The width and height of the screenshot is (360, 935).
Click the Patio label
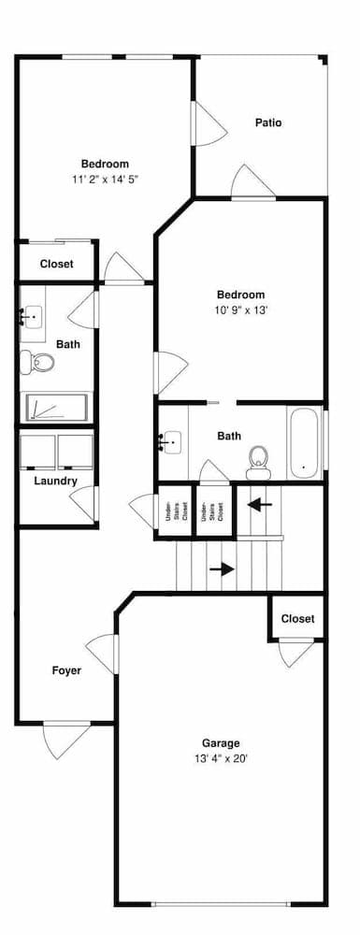click(x=268, y=122)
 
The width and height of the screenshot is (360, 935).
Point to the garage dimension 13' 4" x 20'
click(x=222, y=759)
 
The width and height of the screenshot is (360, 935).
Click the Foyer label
click(x=66, y=670)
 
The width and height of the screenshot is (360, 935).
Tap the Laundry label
click(x=55, y=482)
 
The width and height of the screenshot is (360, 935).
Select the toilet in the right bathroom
click(x=259, y=458)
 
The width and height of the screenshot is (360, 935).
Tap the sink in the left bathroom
click(x=32, y=317)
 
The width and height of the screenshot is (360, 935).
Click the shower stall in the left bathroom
click(x=56, y=408)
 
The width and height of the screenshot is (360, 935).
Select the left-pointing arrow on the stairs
click(x=260, y=505)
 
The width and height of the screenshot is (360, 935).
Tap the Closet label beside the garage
click(x=297, y=619)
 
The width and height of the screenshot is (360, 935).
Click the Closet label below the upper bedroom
click(x=56, y=265)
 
